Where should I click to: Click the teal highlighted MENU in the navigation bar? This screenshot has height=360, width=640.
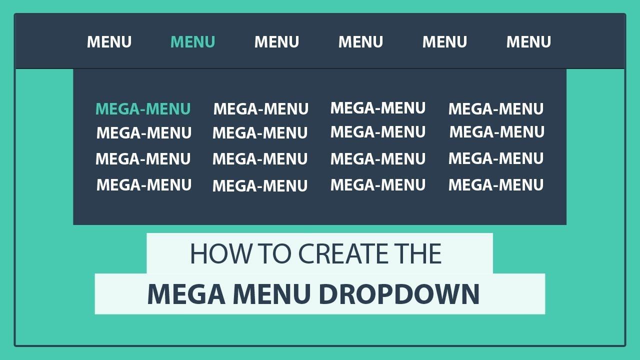(193, 42)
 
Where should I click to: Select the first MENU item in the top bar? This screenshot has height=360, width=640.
(109, 42)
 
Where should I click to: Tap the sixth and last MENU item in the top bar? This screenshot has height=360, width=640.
(528, 42)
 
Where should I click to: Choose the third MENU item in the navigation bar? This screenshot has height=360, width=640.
(276, 42)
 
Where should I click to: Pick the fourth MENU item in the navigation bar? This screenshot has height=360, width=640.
(360, 42)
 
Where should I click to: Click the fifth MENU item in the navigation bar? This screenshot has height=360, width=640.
(444, 42)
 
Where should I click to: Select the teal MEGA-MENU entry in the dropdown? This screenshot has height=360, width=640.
(143, 109)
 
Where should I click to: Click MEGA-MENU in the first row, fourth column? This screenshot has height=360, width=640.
(495, 109)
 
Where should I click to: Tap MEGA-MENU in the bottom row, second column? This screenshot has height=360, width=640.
(260, 186)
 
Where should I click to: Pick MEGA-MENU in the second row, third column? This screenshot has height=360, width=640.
(378, 132)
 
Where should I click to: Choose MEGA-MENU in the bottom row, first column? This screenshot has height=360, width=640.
(144, 185)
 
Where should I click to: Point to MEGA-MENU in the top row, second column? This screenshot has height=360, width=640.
(261, 109)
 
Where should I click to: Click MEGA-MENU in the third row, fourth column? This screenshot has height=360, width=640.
(495, 158)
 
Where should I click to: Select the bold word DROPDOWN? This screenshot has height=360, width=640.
(399, 294)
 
